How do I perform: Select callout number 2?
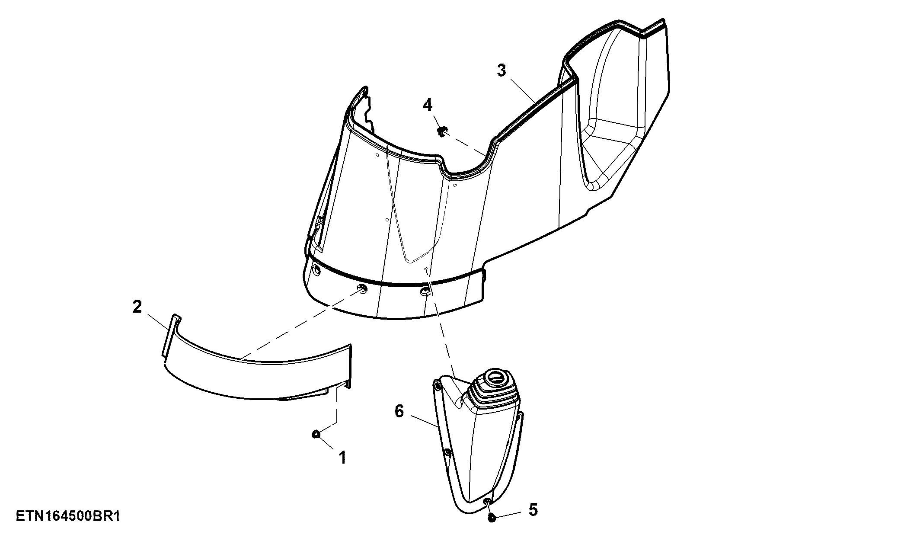pos(137,307)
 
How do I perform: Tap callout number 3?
pos(501,70)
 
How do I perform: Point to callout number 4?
pos(428,105)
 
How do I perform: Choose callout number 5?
pos(533,510)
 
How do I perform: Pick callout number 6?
pos(399,411)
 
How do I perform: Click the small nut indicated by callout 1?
pos(315,434)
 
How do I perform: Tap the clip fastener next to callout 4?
pos(442,131)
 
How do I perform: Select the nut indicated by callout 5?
pos(491,516)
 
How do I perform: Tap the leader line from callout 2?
pos(156,322)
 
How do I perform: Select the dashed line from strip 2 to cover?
pos(301,324)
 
